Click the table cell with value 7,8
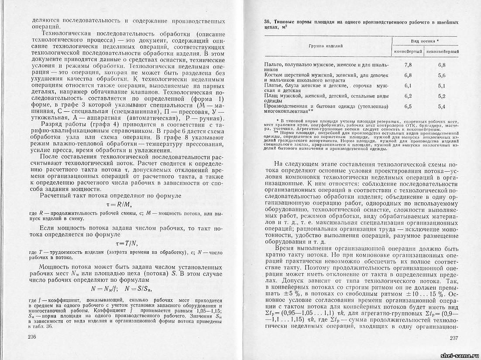[x=409, y=65]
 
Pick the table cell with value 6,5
[x=409, y=106]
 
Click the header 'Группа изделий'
[x=325, y=45]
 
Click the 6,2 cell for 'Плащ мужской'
[x=409, y=96]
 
